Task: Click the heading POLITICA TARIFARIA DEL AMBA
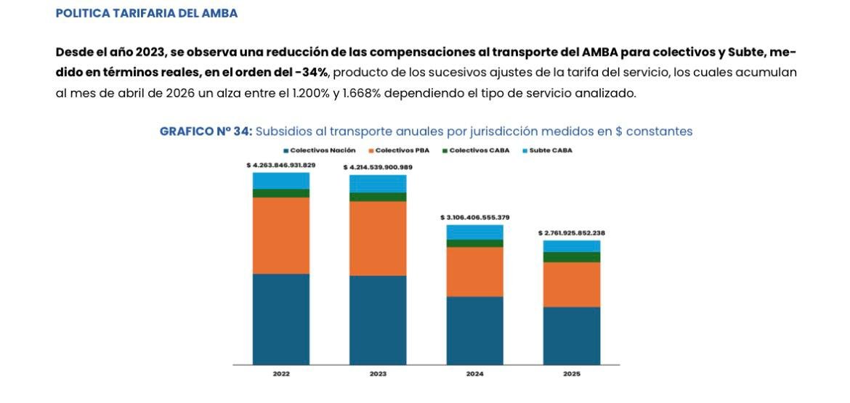click(x=146, y=14)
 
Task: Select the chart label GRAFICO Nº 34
click(x=206, y=131)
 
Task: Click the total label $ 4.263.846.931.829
click(x=280, y=165)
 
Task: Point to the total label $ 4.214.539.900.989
click(x=378, y=167)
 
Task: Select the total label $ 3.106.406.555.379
click(x=475, y=217)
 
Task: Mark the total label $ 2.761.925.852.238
click(x=572, y=233)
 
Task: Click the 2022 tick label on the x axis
click(x=280, y=374)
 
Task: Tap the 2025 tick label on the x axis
click(x=572, y=374)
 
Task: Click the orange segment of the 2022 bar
click(x=280, y=235)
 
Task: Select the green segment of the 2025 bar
click(x=572, y=257)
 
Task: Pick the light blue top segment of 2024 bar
click(x=475, y=232)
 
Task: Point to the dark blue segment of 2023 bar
click(x=378, y=319)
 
